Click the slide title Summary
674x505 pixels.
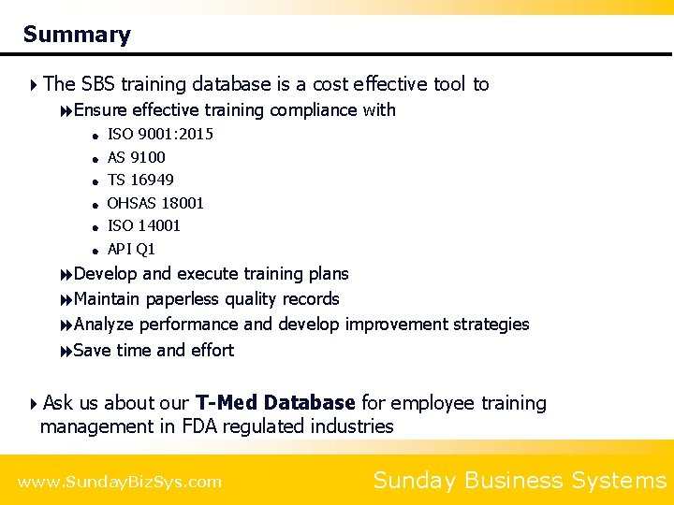click(77, 36)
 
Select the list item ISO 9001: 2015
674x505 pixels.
click(160, 134)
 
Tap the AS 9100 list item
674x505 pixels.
click(136, 157)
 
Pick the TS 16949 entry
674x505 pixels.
click(140, 180)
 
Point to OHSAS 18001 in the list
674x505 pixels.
click(155, 203)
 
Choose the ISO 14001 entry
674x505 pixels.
click(144, 225)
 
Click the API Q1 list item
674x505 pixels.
click(131, 249)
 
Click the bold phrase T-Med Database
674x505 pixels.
click(275, 403)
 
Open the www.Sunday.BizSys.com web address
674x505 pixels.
click(120, 483)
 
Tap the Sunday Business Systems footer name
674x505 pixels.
click(520, 481)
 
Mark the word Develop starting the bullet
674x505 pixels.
click(105, 274)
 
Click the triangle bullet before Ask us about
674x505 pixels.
click(34, 404)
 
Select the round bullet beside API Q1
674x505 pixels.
click(95, 250)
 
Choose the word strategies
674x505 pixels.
click(491, 325)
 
